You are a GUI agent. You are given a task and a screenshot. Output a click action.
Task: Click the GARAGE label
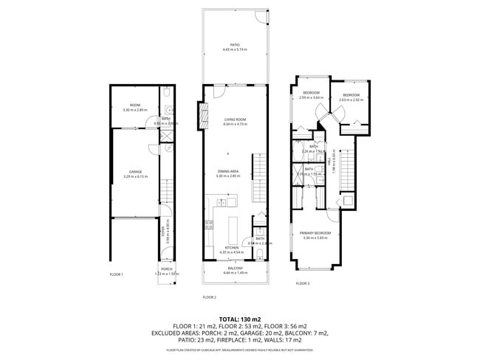click(134, 171)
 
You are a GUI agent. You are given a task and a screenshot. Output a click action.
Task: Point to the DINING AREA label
click(228, 171)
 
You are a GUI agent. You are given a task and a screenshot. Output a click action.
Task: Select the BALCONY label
click(236, 269)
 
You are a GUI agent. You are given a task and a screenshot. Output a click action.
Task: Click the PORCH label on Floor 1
click(167, 269)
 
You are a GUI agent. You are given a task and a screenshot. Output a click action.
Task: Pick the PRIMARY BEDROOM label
click(315, 233)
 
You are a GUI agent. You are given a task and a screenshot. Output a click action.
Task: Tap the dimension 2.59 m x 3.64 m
click(311, 97)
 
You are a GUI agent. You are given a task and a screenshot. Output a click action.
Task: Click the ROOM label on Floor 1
click(134, 105)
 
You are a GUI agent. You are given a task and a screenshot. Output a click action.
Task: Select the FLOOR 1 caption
click(115, 274)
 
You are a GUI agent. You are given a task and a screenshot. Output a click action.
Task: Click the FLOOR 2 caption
click(209, 297)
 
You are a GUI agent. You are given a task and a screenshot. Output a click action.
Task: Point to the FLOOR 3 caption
click(303, 283)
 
